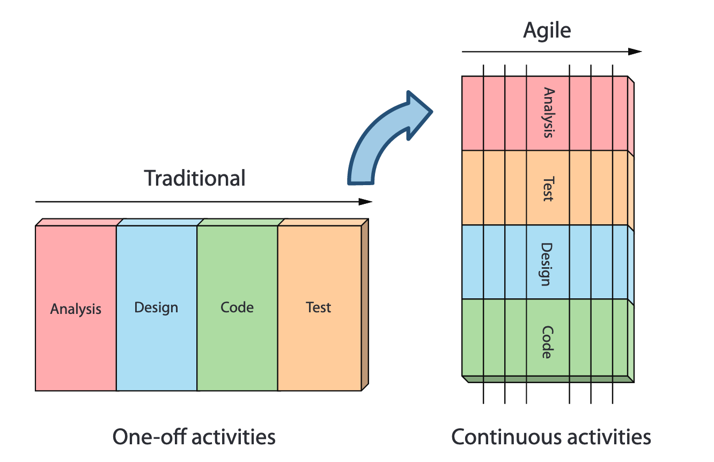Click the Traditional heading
195,178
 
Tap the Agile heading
547,31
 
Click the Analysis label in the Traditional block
76,309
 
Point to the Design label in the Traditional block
156,307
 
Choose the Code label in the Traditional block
237,307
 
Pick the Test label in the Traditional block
319,307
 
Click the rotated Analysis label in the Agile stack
548,113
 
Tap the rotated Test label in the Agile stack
548,189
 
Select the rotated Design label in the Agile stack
548,264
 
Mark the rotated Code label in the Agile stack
548,342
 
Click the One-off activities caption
194,437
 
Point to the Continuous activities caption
551,437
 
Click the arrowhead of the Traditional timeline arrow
365,202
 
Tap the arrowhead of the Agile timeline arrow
635,52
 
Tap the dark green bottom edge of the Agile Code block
547,379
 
